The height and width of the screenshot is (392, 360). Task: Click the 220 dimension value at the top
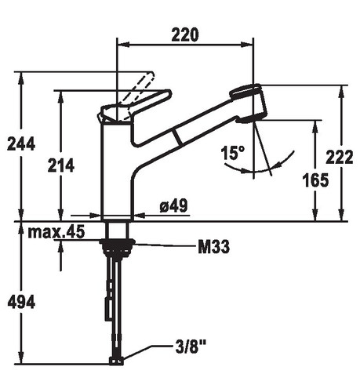point(185,34)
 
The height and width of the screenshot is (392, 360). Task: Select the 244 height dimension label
point(21,144)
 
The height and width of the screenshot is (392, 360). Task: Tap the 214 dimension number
point(61,165)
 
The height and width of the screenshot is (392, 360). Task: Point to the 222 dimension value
point(339,157)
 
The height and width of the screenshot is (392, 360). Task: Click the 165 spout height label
point(315,180)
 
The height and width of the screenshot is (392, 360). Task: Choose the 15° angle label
point(233,153)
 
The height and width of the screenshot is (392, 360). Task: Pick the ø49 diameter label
point(173,205)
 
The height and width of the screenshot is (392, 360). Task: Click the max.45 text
point(56,232)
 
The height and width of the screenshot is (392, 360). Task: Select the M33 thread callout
point(213,247)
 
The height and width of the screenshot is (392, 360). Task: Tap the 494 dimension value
point(21,302)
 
